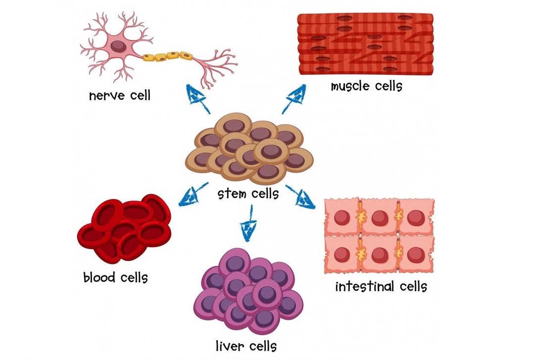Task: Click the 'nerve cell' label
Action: [x=119, y=95]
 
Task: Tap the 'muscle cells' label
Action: [x=366, y=86]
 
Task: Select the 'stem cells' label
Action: [x=248, y=193]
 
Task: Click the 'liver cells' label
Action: [x=246, y=345]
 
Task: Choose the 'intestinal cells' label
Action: [x=381, y=286]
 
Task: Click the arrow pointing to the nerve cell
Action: [x=197, y=98]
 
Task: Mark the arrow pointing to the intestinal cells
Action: [x=301, y=197]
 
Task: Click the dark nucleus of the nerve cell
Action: [x=118, y=47]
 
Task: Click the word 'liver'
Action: [x=228, y=345]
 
